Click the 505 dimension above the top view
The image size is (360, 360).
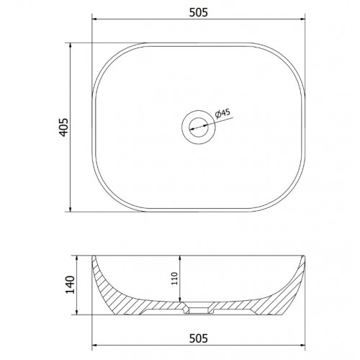tap(199, 12)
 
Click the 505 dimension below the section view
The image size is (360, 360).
tap(199, 338)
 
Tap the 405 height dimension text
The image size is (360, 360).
tap(64, 127)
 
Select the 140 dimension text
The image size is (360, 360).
tap(71, 284)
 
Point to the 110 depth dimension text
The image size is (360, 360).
tap(175, 279)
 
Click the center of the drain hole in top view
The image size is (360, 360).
tap(199, 127)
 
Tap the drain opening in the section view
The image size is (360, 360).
tap(199, 310)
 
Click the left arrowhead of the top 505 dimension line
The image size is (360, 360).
tap(95, 19)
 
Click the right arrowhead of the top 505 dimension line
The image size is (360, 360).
tap(302, 19)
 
